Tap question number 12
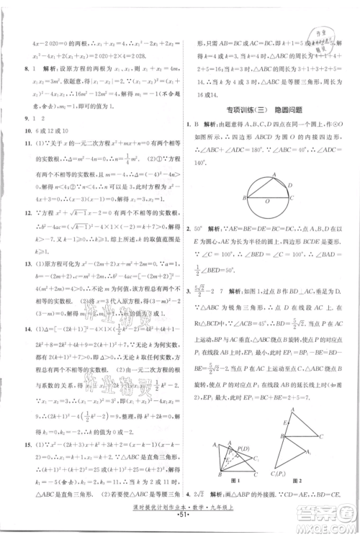click(x=26, y=220)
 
